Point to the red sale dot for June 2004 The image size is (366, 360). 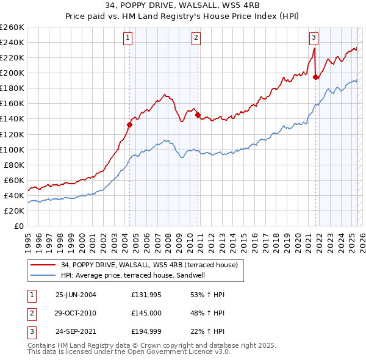[x=129, y=124]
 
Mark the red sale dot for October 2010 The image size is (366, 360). [x=198, y=115]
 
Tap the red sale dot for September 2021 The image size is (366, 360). [x=316, y=77]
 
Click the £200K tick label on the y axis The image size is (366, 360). [x=12, y=73]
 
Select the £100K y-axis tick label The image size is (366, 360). [x=12, y=149]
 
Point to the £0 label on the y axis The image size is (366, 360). [x=18, y=226]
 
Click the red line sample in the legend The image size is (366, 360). [x=43, y=265]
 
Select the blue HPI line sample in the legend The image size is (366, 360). [x=43, y=275]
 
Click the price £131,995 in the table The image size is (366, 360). [x=146, y=294]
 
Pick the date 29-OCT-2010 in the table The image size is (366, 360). [x=76, y=313]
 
